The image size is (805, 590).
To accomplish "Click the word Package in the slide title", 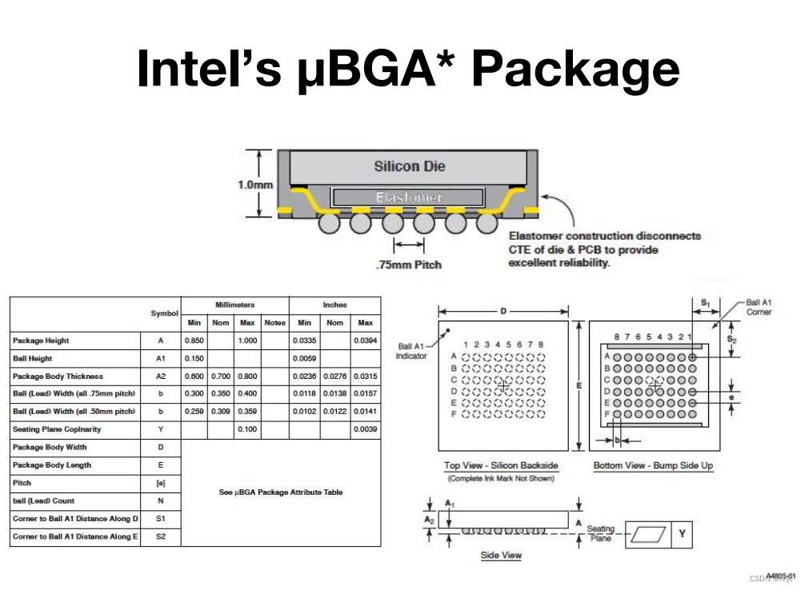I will [575, 69].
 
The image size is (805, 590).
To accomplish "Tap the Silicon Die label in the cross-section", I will [409, 166].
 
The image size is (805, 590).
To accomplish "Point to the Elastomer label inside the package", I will [408, 197].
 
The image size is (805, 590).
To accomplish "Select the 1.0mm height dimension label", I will [255, 184].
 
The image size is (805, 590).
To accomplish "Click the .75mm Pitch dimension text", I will [408, 265].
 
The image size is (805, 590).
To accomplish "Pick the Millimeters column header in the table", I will [234, 305].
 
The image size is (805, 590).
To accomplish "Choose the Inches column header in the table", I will [334, 305].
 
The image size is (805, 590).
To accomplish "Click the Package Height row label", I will [41, 341].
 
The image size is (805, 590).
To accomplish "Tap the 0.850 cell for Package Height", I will [194, 341].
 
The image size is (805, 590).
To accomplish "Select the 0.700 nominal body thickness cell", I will [221, 376].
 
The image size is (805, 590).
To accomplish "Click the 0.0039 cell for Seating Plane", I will [365, 429].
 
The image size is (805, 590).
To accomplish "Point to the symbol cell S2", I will [161, 536].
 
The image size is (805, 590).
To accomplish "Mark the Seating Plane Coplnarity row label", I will [57, 429].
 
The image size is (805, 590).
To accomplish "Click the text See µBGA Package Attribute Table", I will [280, 492].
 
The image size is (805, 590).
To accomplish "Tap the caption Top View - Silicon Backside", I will [501, 465].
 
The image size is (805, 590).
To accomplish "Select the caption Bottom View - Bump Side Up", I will [653, 465].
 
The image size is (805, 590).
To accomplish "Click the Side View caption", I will [501, 555].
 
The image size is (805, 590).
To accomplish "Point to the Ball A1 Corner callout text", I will [759, 307].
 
